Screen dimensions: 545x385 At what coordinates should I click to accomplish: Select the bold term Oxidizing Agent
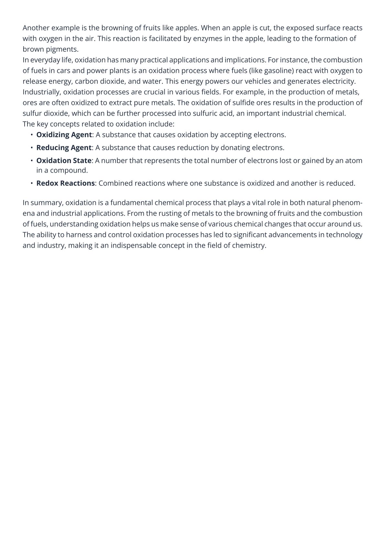(64, 135)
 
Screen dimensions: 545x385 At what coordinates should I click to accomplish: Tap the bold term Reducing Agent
(63, 148)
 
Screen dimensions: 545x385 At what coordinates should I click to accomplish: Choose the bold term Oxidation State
(63, 161)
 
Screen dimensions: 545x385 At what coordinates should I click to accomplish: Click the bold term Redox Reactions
(65, 183)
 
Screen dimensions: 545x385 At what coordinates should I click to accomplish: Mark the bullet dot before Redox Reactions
(32, 183)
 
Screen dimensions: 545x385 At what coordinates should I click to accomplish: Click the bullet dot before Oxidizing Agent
(32, 135)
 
